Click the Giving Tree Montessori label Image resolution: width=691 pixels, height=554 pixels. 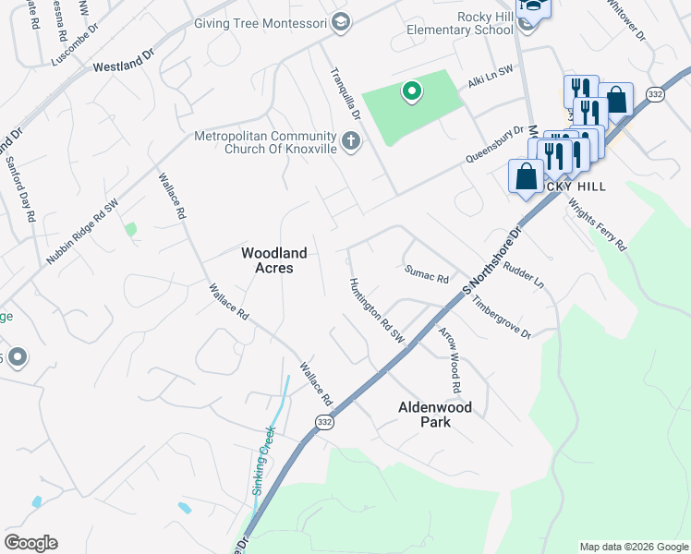[261, 22]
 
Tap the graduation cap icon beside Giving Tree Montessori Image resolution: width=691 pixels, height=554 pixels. [340, 22]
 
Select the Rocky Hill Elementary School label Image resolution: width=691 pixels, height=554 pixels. [459, 23]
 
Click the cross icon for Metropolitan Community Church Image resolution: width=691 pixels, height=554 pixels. [350, 141]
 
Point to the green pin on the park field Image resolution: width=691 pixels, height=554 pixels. [411, 91]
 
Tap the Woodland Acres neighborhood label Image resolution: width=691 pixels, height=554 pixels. [273, 259]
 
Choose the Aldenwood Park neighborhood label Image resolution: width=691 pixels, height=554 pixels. [434, 414]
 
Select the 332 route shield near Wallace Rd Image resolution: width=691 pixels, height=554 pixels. [323, 421]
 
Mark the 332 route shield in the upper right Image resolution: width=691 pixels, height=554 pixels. [655, 95]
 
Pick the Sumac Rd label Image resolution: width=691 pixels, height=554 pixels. [426, 273]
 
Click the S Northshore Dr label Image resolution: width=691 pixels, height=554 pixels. [491, 259]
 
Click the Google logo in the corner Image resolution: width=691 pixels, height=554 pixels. [30, 543]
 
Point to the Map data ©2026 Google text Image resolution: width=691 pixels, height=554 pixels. [634, 547]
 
